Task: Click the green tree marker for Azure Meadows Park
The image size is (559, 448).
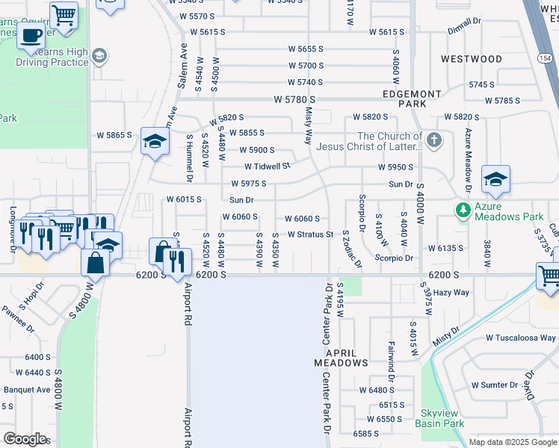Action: pyautogui.click(x=463, y=210)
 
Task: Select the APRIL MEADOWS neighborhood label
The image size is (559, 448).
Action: pyautogui.click(x=341, y=357)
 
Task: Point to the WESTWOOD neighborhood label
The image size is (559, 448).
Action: pyautogui.click(x=472, y=59)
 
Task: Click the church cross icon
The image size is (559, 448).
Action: pyautogui.click(x=433, y=140)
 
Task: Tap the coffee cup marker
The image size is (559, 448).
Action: pyautogui.click(x=31, y=34)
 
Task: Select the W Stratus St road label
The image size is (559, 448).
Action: pyautogui.click(x=309, y=234)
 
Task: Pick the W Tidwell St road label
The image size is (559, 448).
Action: pyautogui.click(x=266, y=167)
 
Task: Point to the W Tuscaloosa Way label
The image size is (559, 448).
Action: pyautogui.click(x=519, y=337)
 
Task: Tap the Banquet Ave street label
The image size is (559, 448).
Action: pyautogui.click(x=27, y=389)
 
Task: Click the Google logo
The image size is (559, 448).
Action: pyautogui.click(x=24, y=438)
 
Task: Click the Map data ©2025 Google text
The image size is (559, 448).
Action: pyautogui.click(x=512, y=442)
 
